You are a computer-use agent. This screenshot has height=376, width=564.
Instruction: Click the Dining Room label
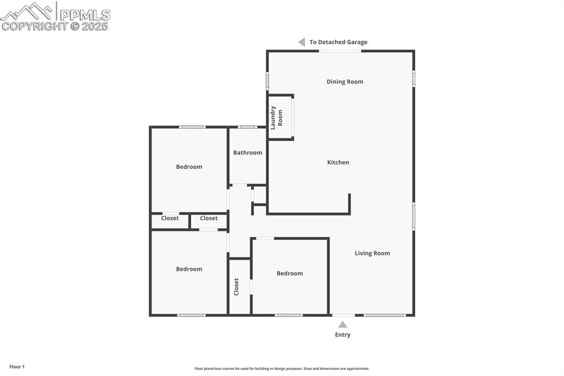pyautogui.click(x=345, y=82)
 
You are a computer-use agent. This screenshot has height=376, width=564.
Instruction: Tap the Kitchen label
pyautogui.click(x=338, y=163)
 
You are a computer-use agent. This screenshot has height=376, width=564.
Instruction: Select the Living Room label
pyautogui.click(x=372, y=254)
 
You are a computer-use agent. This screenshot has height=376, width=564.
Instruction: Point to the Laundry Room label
pyautogui.click(x=276, y=117)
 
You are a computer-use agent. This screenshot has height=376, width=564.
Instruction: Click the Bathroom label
pyautogui.click(x=247, y=153)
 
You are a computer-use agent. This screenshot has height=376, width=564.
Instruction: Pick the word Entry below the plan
pyautogui.click(x=343, y=335)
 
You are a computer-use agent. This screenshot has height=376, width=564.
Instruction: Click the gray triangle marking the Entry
pyautogui.click(x=343, y=325)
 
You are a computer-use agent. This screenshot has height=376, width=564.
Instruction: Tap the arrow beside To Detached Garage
pyautogui.click(x=302, y=42)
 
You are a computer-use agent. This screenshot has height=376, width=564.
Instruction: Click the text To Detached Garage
pyautogui.click(x=338, y=42)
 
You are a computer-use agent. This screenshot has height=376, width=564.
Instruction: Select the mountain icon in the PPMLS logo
pyautogui.click(x=28, y=11)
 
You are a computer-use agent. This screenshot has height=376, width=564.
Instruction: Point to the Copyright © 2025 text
pyautogui.click(x=55, y=26)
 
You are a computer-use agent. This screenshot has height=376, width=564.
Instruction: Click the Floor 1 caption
pyautogui.click(x=17, y=367)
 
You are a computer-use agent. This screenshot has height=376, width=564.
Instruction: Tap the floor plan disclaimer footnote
pyautogui.click(x=281, y=368)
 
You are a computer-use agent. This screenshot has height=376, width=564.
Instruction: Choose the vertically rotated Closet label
pyautogui.click(x=237, y=287)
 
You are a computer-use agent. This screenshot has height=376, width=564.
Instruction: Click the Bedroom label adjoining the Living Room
pyautogui.click(x=290, y=273)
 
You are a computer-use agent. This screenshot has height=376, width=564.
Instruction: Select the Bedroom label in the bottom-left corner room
pyautogui.click(x=189, y=269)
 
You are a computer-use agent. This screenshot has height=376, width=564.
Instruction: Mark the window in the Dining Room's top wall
pyautogui.click(x=340, y=51)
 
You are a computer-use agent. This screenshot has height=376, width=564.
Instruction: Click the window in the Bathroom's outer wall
pyautogui.click(x=247, y=127)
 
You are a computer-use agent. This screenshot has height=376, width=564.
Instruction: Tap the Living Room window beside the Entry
pyautogui.click(x=384, y=315)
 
